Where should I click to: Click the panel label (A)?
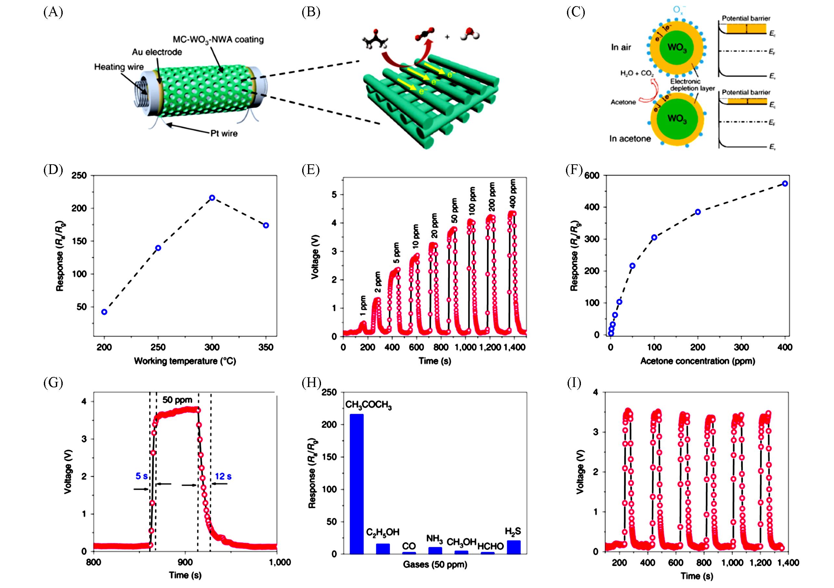53,12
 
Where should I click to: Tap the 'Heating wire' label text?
119,67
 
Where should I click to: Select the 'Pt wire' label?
224,133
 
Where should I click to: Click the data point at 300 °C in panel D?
212,197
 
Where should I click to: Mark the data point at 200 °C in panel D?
104,312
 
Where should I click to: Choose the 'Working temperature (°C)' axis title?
185,361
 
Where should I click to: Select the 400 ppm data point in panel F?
785,184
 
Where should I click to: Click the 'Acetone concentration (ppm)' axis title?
698,361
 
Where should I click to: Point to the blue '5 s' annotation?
141,476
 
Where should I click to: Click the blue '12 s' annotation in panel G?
223,477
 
